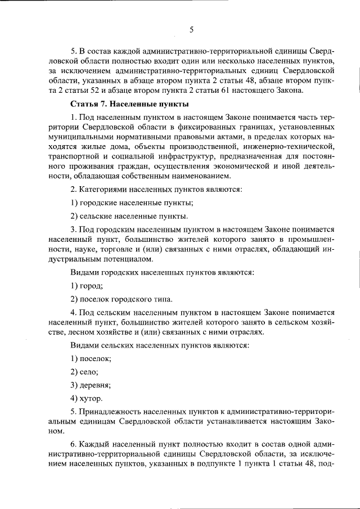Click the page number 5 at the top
coord(191,30)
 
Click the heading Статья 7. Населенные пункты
coord(129,105)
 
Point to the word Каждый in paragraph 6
coord(93,445)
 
